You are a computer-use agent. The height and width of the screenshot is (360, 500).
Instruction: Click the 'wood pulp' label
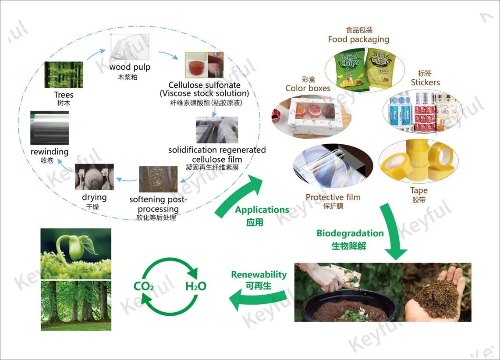[x=130, y=67]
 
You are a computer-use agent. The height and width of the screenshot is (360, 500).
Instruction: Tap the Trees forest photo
[x=64, y=75]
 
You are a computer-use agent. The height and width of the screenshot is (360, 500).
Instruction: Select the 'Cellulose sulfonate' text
[x=204, y=85]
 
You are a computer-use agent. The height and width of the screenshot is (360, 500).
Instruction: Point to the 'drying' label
[x=94, y=197]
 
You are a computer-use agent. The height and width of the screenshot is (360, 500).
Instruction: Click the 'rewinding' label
[x=50, y=152]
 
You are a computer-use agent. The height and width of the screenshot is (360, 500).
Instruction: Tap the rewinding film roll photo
[x=50, y=128]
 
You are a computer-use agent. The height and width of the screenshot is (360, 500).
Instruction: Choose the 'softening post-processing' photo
[x=158, y=179]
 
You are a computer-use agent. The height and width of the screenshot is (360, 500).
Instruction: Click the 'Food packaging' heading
[x=358, y=39]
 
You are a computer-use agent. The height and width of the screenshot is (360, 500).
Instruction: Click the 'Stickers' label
[x=425, y=82]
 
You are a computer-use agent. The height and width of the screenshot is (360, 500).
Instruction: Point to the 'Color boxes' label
[x=308, y=88]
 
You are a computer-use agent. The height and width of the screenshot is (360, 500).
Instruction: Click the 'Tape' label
[x=418, y=190]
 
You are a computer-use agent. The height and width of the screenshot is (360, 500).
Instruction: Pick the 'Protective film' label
[x=333, y=197]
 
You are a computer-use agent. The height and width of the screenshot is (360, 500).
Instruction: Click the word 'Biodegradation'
[x=350, y=233]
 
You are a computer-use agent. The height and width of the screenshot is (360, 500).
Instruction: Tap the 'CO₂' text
[x=144, y=287]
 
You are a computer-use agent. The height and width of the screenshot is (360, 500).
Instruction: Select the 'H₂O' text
[x=195, y=287]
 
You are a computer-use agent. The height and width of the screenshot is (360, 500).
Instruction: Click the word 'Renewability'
[x=259, y=275]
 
